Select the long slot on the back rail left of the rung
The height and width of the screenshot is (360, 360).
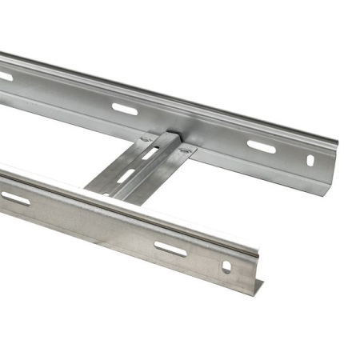124,108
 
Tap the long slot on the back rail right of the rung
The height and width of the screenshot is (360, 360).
261,147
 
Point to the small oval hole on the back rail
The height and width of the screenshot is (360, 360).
310,160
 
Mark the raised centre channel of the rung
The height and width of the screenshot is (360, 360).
152,164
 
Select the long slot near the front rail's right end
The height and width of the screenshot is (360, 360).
170,249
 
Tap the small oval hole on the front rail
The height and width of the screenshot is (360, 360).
226,266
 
